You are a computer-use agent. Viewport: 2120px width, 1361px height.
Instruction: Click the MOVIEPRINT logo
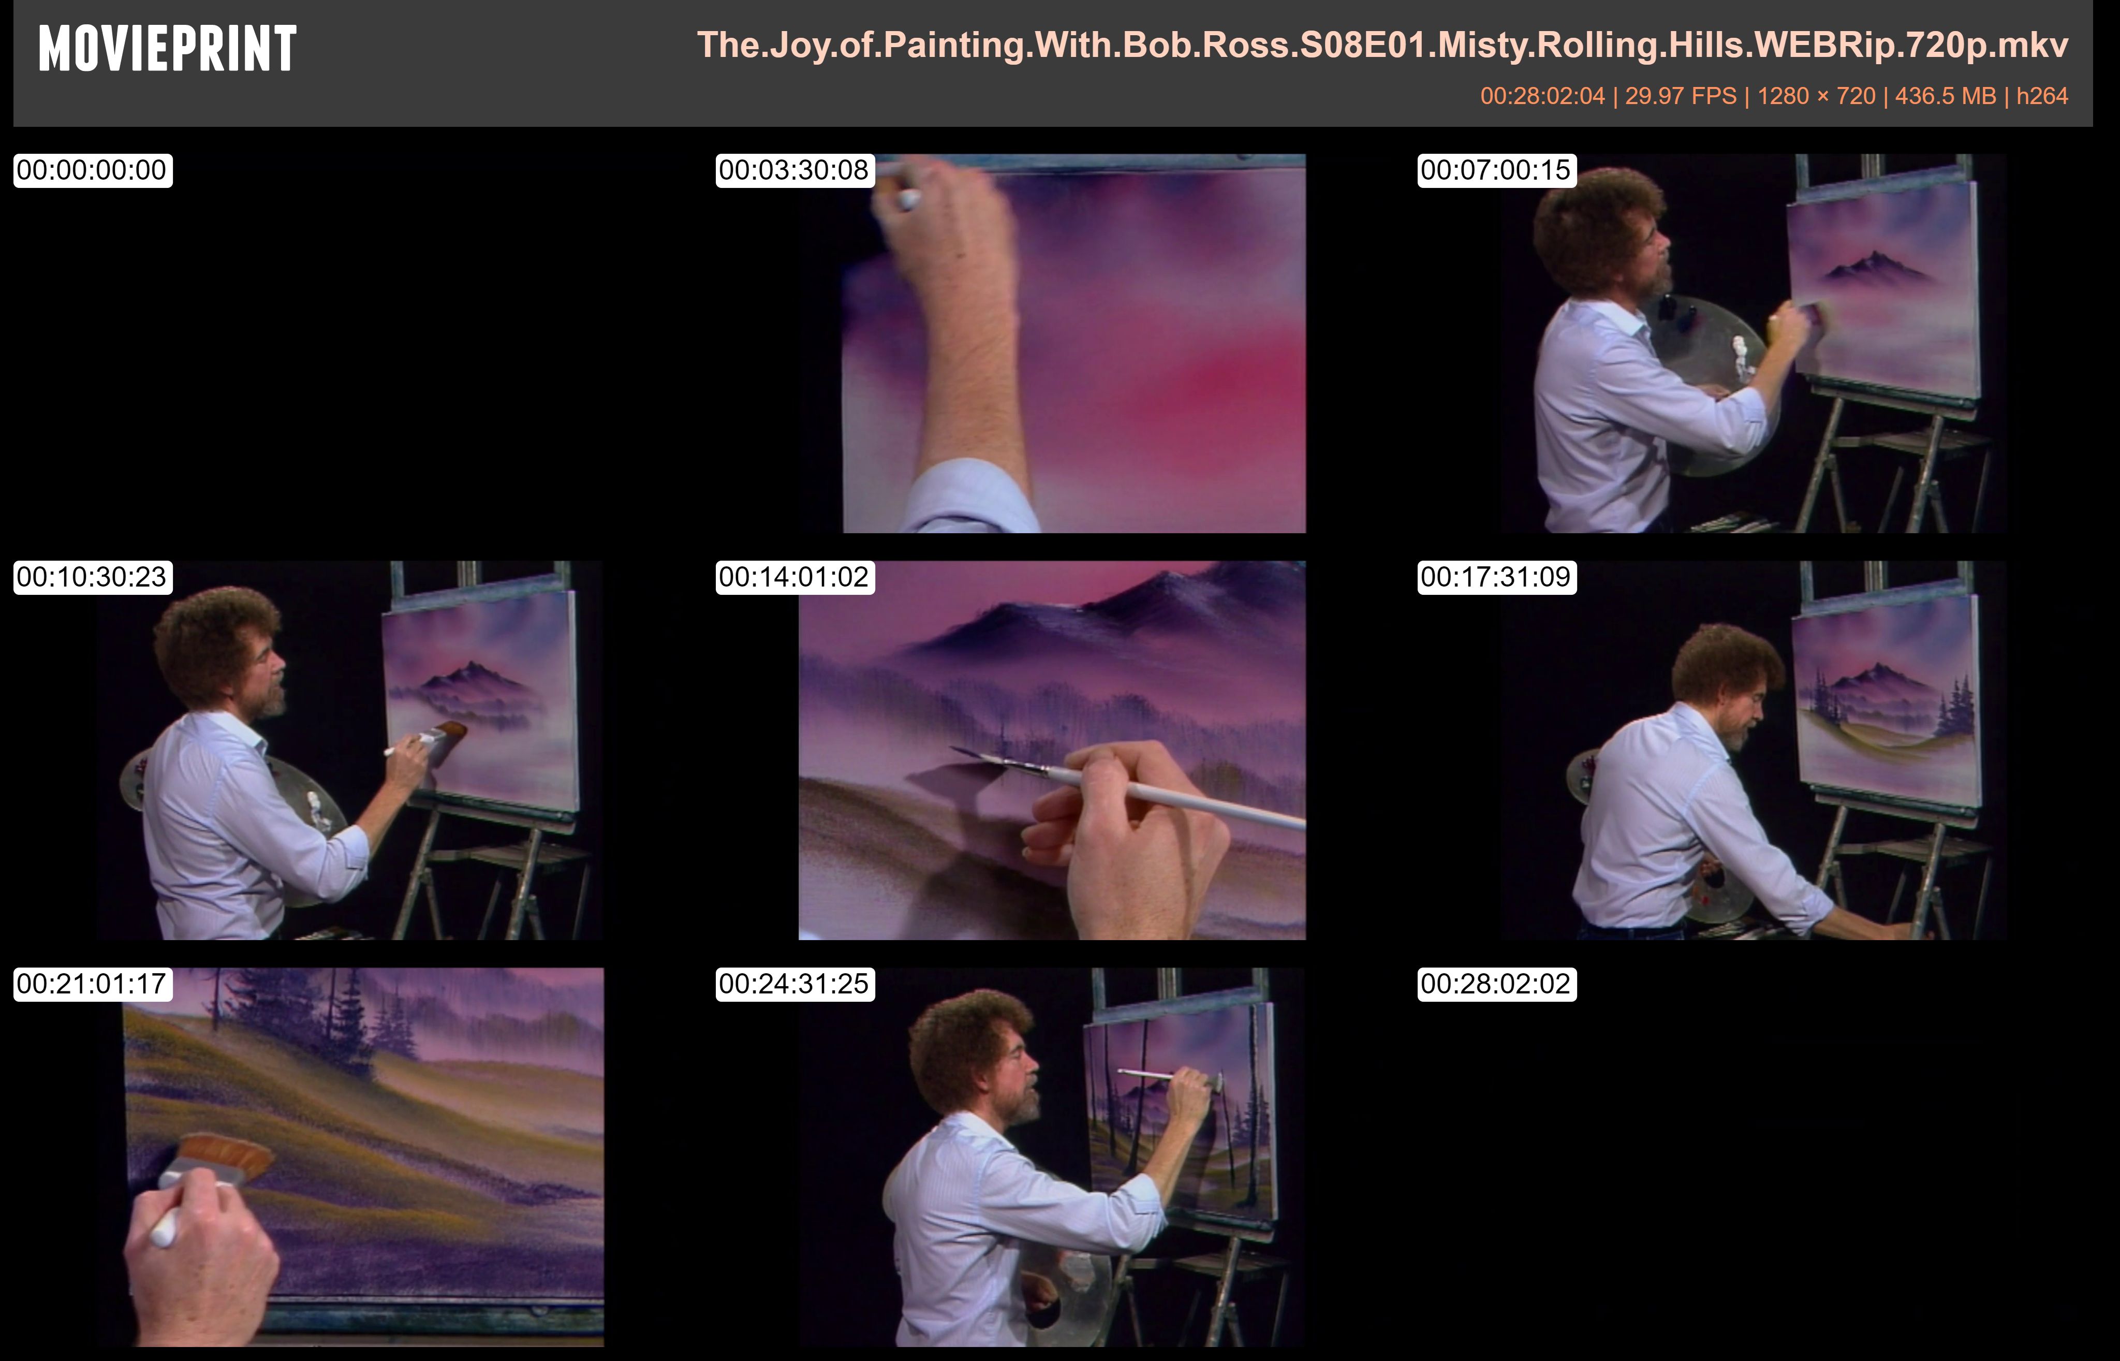tap(168, 49)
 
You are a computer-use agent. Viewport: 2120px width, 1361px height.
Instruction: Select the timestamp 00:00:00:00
tap(92, 170)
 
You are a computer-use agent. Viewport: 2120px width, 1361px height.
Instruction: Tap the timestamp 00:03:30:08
tap(794, 170)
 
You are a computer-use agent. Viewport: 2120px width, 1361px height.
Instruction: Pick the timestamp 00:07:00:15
tap(1496, 170)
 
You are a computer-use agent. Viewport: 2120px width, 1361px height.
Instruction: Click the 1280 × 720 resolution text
tap(1816, 95)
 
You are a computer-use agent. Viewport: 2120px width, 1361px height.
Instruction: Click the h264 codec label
tap(2042, 95)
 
